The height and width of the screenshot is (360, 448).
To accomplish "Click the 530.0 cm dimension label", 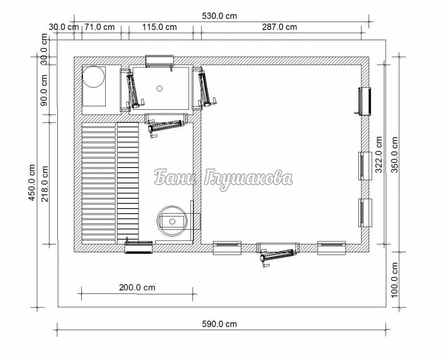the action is click(219, 16).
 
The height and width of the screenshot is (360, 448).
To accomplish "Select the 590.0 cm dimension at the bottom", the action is click(219, 324).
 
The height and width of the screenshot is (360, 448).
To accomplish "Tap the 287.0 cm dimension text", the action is click(280, 27).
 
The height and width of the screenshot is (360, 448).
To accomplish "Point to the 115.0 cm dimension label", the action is click(160, 27).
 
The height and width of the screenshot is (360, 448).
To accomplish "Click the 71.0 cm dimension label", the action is click(99, 27).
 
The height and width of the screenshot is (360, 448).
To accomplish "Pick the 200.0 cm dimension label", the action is click(137, 288).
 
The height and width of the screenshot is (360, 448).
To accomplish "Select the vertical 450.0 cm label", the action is click(32, 182).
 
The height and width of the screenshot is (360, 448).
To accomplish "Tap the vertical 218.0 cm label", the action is click(45, 184).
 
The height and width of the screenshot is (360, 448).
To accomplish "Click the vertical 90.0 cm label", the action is click(44, 90).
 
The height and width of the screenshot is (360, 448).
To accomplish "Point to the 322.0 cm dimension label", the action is click(379, 155).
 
